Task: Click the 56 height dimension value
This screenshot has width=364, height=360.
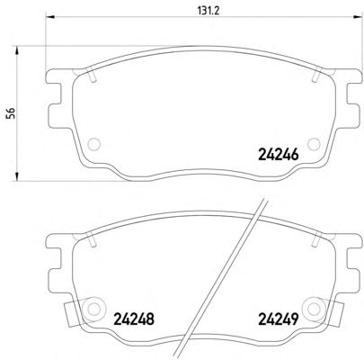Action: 11,114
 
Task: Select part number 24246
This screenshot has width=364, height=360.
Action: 279,155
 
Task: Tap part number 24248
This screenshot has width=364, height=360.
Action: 134,319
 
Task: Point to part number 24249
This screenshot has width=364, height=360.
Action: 279,319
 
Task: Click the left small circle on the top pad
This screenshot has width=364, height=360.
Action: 93,144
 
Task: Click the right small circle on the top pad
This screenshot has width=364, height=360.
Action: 314,144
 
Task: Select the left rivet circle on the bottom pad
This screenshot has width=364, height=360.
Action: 93,308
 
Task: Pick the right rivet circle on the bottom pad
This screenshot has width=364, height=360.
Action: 314,308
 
